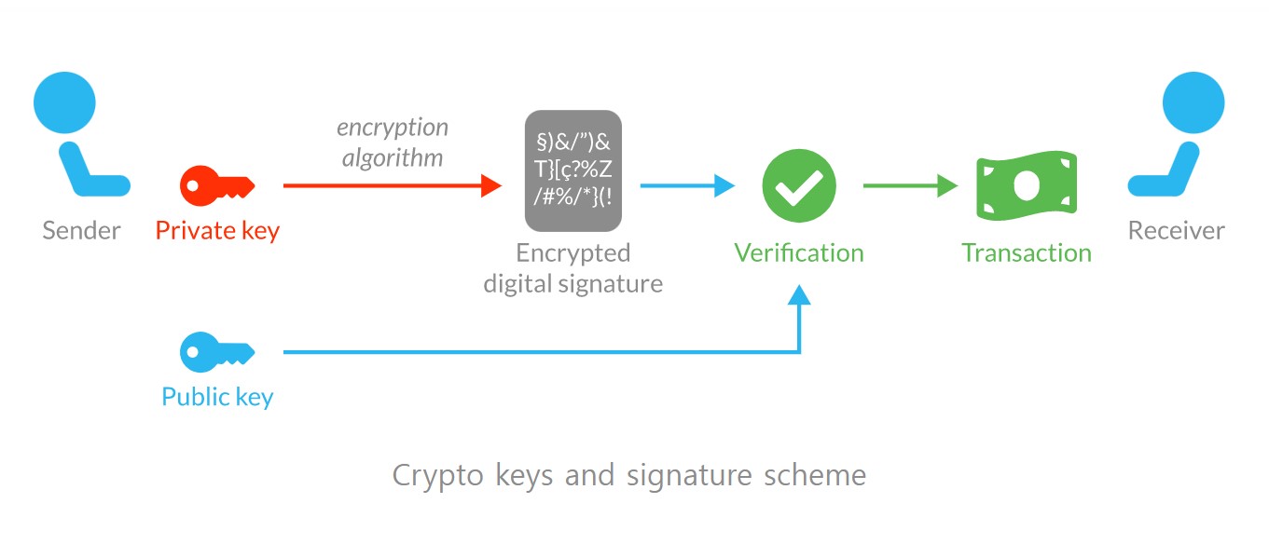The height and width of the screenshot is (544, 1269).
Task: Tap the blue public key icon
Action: [216, 352]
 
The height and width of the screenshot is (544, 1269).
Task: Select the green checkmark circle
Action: [799, 185]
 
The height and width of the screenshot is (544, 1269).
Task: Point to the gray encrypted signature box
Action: [572, 170]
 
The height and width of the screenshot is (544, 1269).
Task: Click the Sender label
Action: [81, 231]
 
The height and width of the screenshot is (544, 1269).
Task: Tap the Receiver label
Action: [1176, 231]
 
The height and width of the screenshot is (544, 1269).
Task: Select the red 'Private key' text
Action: [217, 231]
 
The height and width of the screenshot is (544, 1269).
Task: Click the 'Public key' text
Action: [217, 397]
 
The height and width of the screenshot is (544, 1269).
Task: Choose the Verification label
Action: [799, 252]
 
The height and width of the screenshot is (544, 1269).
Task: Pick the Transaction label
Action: [1026, 252]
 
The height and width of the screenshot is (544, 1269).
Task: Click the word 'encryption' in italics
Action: [393, 128]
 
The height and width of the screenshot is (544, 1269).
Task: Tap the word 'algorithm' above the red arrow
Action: [393, 157]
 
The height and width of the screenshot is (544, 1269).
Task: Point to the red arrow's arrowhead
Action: [492, 186]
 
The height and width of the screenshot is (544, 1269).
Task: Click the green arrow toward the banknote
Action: [909, 186]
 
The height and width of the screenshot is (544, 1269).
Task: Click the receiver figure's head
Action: [1193, 103]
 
